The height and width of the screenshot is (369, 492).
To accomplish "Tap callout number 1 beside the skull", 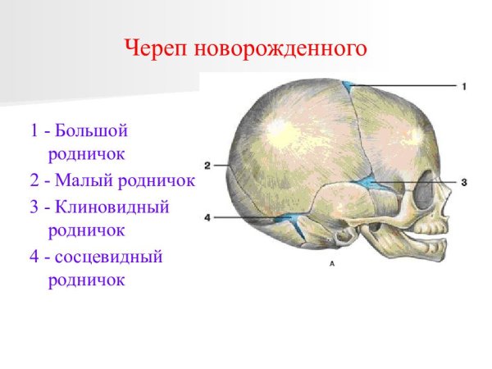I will click(x=464, y=86).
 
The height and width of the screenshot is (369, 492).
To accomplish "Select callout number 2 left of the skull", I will click(x=207, y=165).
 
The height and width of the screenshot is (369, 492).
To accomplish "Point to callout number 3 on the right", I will click(x=464, y=182).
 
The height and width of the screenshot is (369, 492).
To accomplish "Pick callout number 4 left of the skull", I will click(x=207, y=217).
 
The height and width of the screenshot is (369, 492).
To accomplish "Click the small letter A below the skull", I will click(x=331, y=264).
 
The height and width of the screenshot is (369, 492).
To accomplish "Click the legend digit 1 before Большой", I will click(x=32, y=130).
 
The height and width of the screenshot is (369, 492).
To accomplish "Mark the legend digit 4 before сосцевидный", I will click(x=32, y=257).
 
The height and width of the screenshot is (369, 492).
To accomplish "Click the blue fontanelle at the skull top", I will click(x=348, y=84).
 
